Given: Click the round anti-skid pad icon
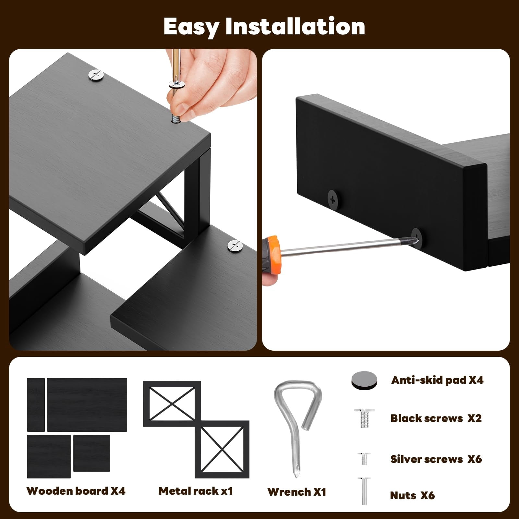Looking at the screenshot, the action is point(364,380).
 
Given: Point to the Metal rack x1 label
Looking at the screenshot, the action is point(196,491).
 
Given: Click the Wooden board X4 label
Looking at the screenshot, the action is point(76,491).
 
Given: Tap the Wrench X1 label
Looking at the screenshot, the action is point(297,492).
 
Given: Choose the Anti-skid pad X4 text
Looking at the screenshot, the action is point(437,380).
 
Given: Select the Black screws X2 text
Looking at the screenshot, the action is point(436,418).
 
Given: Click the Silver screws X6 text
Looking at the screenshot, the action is point(436,459).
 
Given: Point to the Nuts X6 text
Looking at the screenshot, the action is point(412,495).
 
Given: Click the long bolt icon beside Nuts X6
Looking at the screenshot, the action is point(364,491).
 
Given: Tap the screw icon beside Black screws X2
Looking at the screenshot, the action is point(364,418).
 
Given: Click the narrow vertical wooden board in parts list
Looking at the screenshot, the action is point(36,404).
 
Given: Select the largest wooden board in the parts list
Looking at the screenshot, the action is point(87,404).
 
